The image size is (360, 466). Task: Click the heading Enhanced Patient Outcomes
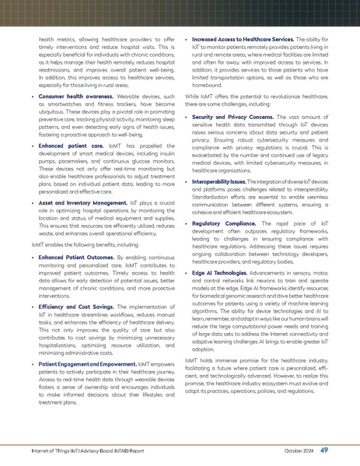(88, 279)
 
